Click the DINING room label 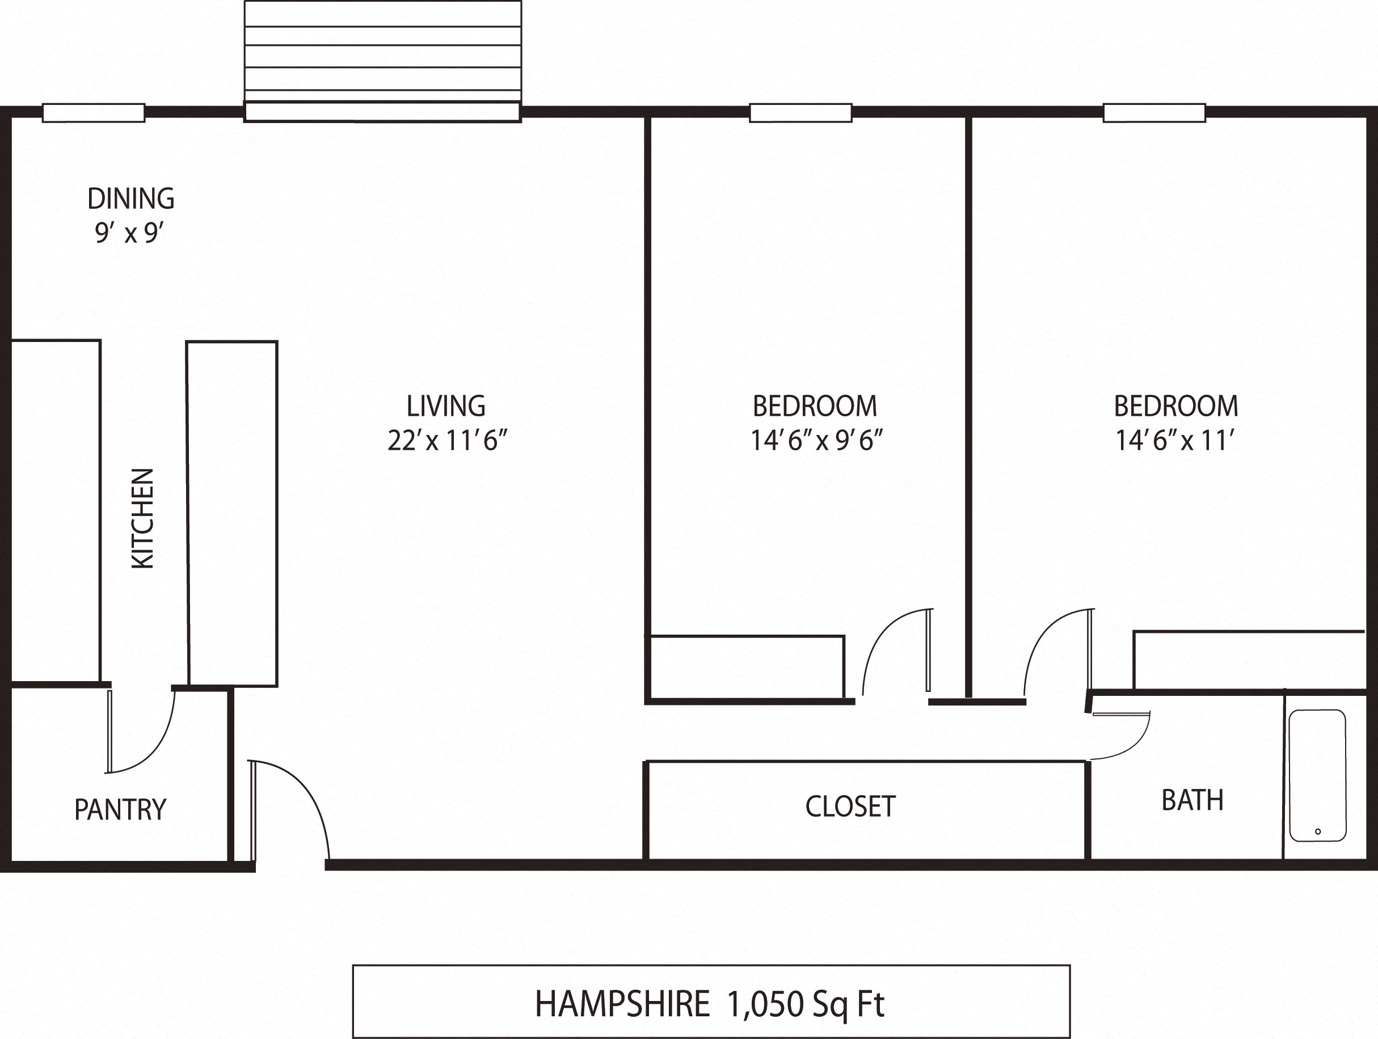point(131,198)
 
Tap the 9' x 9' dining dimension point(129,233)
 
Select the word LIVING point(446,406)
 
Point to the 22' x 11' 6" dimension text point(447,441)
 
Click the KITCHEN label point(142,518)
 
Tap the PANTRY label point(120,810)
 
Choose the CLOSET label point(850,806)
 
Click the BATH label point(1192,800)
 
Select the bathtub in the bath point(1317,775)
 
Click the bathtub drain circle point(1317,831)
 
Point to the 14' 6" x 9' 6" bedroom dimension point(816,441)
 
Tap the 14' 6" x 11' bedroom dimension point(1175,441)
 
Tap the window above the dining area point(94,113)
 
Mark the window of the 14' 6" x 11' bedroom point(1154,113)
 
